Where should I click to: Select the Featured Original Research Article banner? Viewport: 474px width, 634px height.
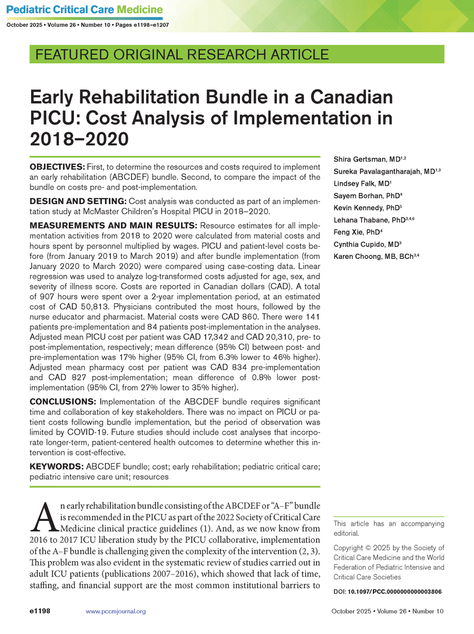click(x=181, y=54)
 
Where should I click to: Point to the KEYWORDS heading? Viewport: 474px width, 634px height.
click(x=55, y=467)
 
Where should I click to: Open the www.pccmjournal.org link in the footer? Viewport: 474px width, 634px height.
click(x=115, y=611)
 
